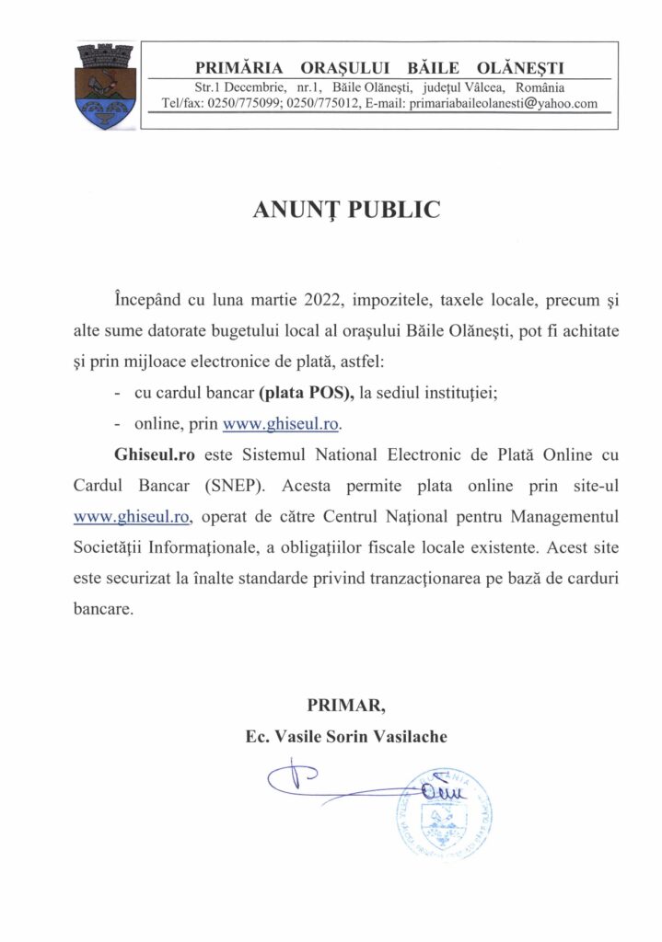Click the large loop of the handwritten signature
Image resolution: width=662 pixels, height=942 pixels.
[293, 779]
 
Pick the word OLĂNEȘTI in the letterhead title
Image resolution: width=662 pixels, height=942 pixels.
[521, 67]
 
